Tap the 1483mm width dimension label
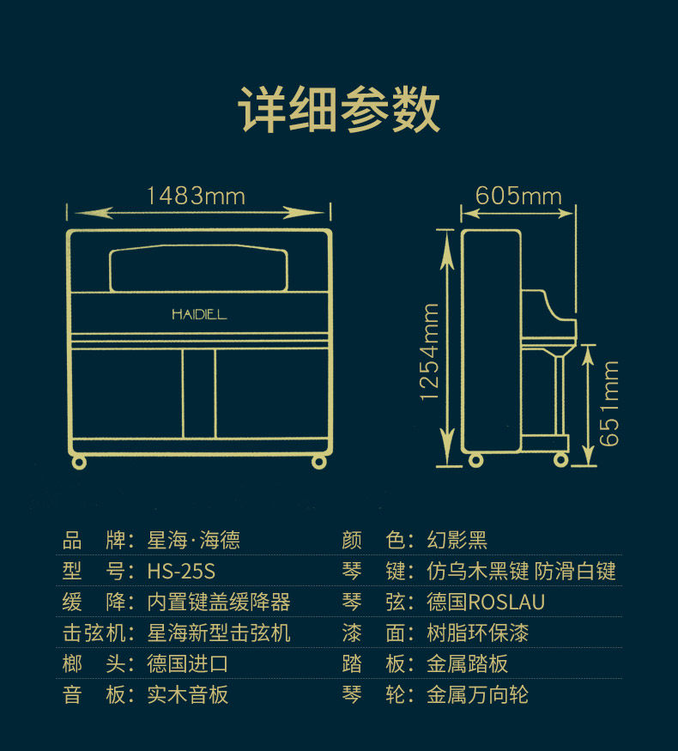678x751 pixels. [x=196, y=197]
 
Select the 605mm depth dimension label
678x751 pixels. [x=518, y=196]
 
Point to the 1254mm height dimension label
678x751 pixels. [x=430, y=351]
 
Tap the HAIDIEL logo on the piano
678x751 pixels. [x=199, y=314]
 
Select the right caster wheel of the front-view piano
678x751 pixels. [x=318, y=462]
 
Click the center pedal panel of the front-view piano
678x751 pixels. [x=198, y=393]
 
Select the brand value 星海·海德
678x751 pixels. [x=194, y=540]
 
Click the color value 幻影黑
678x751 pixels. [x=457, y=540]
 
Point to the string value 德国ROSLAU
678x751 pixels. [x=486, y=602]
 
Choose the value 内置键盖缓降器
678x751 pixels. [x=219, y=602]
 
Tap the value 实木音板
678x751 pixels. [x=188, y=694]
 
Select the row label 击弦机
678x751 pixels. [x=94, y=633]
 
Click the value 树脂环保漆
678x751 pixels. [x=478, y=633]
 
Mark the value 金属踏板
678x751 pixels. [x=468, y=663]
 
